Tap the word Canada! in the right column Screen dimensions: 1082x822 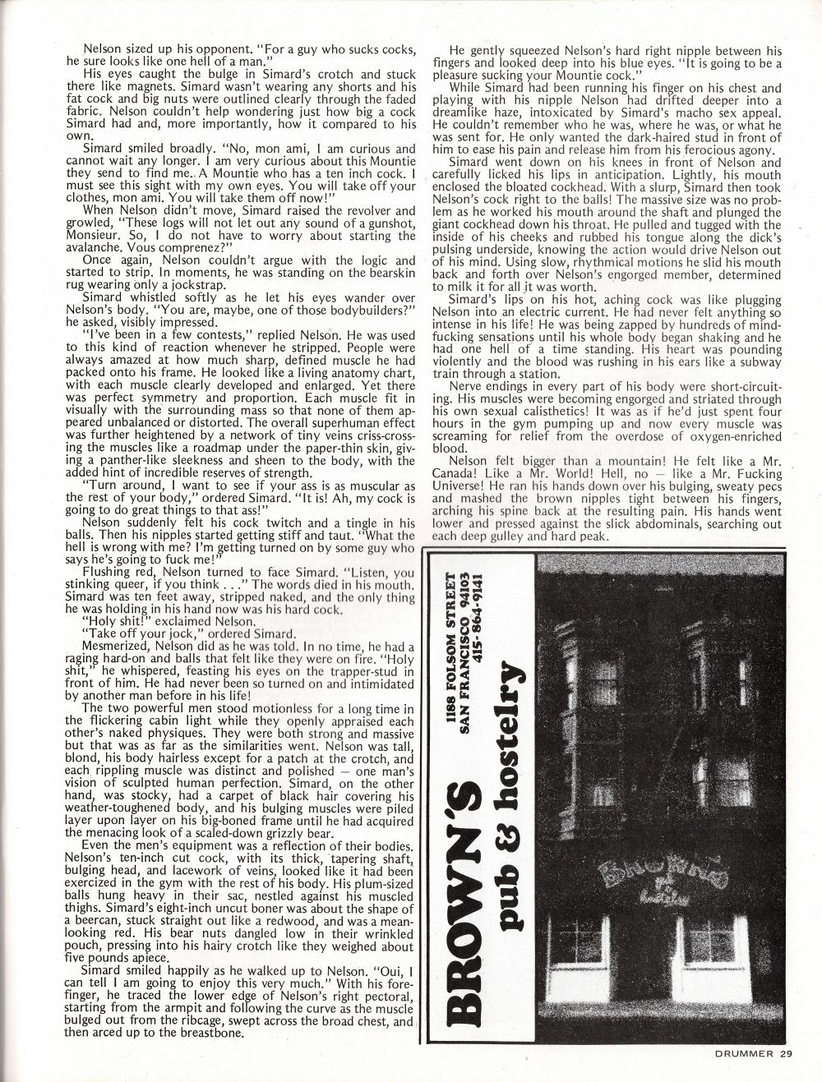tap(457, 473)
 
